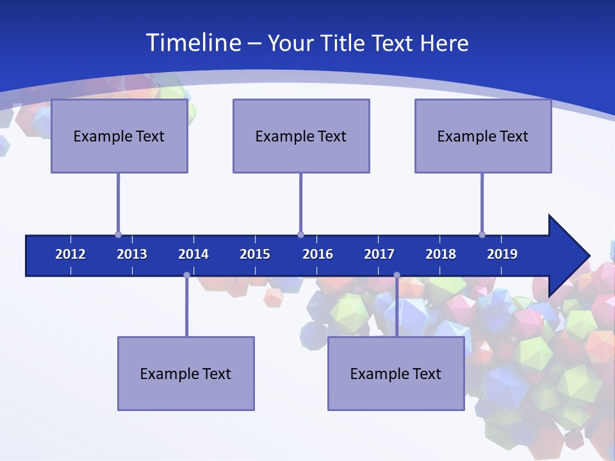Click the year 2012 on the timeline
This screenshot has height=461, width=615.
[70, 254]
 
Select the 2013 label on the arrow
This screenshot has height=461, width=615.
[132, 254]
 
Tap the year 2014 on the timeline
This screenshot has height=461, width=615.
[193, 254]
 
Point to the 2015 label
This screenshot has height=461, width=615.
[255, 254]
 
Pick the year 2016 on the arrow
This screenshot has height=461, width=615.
[318, 254]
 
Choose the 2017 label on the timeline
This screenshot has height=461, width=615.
[379, 254]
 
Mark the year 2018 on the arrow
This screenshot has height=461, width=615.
[441, 254]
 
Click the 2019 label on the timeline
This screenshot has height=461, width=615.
[502, 254]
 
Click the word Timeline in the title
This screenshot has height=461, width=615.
[192, 43]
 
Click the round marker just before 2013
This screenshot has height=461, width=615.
[118, 235]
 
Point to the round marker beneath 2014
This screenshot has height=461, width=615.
[186, 275]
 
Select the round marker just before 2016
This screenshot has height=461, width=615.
[300, 235]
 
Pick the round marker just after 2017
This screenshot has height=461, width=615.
[397, 275]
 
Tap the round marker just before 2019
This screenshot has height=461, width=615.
[482, 235]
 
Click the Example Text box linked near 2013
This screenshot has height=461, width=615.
[119, 136]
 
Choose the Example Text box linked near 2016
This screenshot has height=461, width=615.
[301, 136]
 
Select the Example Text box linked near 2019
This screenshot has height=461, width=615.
[483, 136]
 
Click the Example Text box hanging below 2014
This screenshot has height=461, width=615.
[186, 374]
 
